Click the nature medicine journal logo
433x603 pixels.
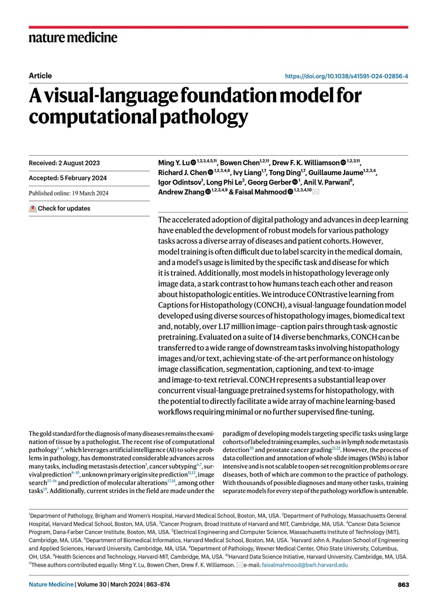click(x=73, y=38)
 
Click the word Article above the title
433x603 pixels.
click(x=40, y=76)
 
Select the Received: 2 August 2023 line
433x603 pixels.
click(x=64, y=163)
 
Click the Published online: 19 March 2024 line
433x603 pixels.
click(x=70, y=193)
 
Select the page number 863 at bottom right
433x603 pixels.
click(x=403, y=585)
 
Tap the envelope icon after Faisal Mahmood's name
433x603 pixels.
click(x=316, y=192)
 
